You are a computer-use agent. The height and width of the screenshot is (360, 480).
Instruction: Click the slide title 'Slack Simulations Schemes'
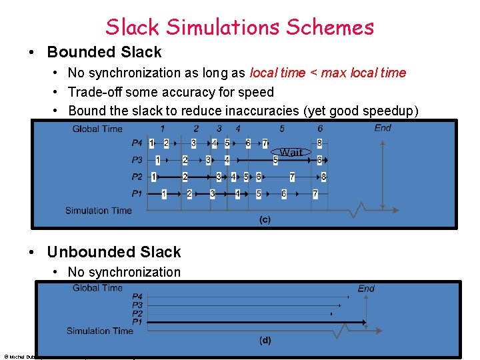click(239, 27)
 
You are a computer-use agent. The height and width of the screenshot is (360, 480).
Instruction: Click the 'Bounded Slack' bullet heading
click(104, 52)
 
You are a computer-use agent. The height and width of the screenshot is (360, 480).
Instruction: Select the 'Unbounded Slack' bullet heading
click(113, 252)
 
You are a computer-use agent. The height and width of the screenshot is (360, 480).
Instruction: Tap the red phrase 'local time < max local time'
click(327, 73)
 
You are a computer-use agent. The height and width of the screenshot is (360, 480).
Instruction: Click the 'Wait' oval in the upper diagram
click(291, 152)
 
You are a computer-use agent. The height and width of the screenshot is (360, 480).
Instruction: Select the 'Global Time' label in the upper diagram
click(97, 129)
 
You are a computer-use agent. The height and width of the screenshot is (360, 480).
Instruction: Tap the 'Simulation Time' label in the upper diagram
click(98, 211)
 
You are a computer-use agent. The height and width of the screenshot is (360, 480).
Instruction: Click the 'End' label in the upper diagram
click(383, 128)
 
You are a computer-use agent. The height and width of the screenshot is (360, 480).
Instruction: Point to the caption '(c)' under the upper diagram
click(265, 219)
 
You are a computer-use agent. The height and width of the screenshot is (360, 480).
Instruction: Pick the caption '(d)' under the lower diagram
click(265, 341)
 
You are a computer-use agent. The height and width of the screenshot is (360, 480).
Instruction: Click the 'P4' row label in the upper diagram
click(137, 143)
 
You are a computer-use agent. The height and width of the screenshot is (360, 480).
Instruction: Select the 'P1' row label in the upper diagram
click(137, 193)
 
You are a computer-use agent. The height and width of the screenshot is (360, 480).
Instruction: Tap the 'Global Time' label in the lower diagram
click(97, 288)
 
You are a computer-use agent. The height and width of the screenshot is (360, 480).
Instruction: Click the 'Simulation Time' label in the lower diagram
click(99, 331)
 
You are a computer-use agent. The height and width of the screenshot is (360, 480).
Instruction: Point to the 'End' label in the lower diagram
click(366, 289)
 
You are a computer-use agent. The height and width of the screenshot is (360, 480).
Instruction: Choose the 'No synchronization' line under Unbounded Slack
click(124, 272)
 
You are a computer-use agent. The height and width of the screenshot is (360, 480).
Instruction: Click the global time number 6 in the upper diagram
click(320, 129)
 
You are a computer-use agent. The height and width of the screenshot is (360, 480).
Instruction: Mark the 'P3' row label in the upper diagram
click(137, 160)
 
